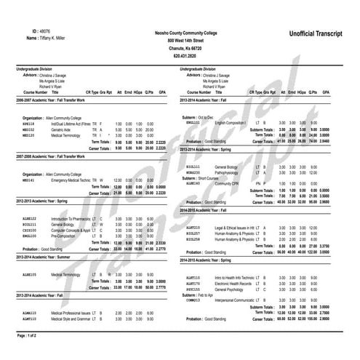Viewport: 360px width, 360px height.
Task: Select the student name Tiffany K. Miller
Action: pos(57,39)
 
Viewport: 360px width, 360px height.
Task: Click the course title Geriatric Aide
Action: pos(63,129)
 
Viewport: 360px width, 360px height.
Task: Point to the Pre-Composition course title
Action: pos(66,236)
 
